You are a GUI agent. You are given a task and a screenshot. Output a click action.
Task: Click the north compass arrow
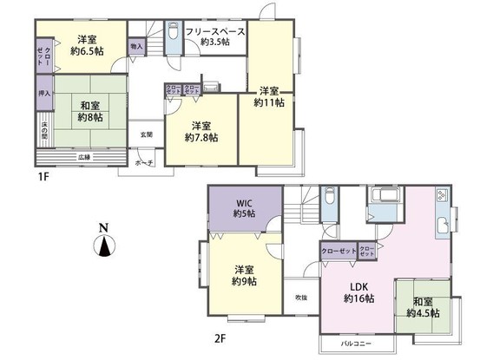[x=104, y=246]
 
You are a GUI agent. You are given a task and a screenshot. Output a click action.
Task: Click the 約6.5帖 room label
[x=85, y=45]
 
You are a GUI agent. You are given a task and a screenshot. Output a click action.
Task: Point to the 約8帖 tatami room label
[x=89, y=111]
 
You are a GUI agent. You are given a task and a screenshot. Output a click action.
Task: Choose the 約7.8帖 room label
[x=201, y=131]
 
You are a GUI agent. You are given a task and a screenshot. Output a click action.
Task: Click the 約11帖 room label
[x=268, y=96]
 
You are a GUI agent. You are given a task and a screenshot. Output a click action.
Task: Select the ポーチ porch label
[x=144, y=162]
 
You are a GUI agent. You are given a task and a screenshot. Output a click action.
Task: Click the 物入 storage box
[x=136, y=46]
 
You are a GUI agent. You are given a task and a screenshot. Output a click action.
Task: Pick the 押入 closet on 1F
[x=44, y=92]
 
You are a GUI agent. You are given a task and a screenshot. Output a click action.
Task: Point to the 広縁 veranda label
[x=83, y=157]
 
